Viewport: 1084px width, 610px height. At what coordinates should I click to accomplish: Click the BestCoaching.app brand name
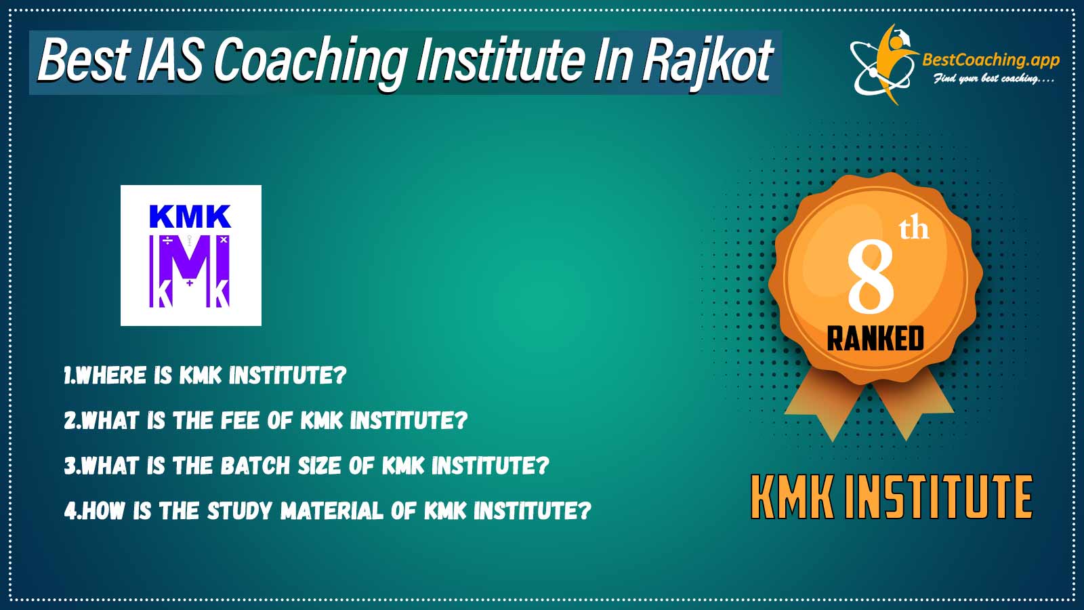[991, 60]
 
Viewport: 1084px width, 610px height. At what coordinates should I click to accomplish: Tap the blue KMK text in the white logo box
[190, 216]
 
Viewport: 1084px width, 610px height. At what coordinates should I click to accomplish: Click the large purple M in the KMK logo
[190, 266]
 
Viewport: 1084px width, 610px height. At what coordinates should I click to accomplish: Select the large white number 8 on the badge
[871, 277]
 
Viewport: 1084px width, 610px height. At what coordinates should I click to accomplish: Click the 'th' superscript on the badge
[914, 230]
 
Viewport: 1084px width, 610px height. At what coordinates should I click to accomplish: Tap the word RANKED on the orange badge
[875, 338]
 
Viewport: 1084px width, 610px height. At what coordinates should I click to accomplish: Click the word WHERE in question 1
[111, 375]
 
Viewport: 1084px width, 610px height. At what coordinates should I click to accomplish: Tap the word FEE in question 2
[240, 420]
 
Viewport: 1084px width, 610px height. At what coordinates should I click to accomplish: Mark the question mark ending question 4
[585, 511]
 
